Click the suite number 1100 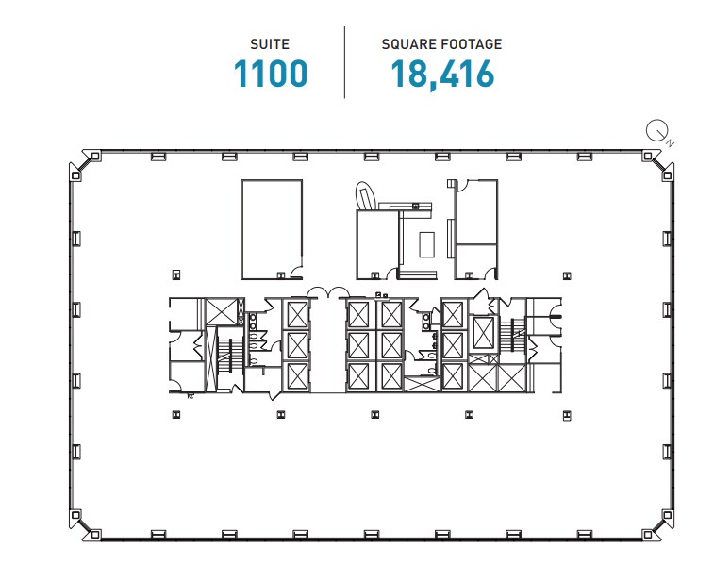272,75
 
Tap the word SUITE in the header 271,43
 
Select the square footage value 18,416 441,75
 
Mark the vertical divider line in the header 344,62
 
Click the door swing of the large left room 295,274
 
